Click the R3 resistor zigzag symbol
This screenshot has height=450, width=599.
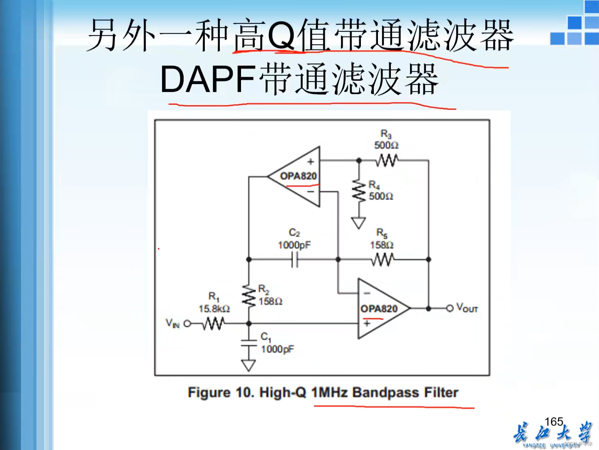tap(387, 160)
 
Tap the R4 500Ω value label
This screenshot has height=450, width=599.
tap(381, 196)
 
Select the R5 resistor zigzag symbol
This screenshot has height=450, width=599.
tap(383, 260)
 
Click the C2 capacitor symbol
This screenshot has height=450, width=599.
tap(295, 260)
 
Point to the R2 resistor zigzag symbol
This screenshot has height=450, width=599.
tap(249, 297)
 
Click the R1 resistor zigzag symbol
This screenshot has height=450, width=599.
tap(214, 323)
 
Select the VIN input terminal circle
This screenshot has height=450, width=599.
tap(187, 323)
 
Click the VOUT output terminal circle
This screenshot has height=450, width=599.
tap(450, 308)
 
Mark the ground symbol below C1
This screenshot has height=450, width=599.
tap(249, 366)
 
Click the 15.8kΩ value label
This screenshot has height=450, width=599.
tap(214, 309)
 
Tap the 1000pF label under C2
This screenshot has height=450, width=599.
tap(294, 245)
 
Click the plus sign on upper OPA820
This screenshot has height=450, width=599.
tap(311, 162)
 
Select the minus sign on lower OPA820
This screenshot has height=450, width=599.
tap(367, 293)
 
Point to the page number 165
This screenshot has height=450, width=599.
tap(554, 422)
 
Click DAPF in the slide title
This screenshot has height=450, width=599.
tap(208, 79)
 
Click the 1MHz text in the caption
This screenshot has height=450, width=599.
tap(329, 392)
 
